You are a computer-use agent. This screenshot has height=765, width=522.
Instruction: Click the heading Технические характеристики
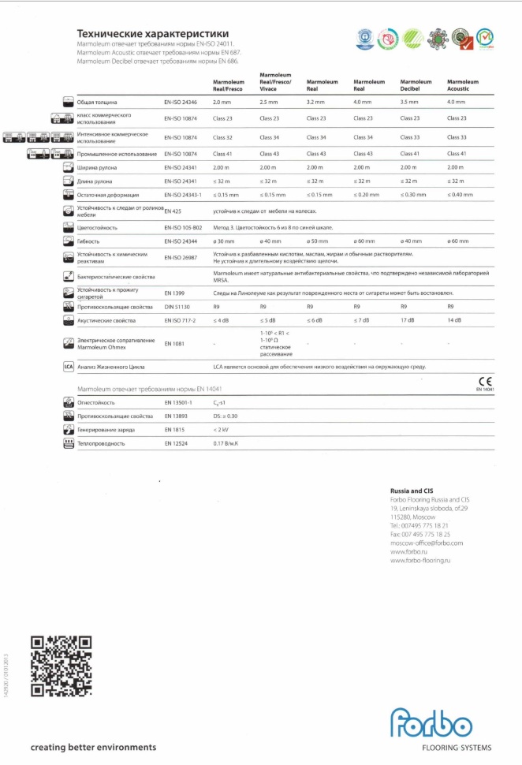click(x=153, y=34)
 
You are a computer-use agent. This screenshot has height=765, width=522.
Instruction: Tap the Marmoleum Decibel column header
click(x=416, y=85)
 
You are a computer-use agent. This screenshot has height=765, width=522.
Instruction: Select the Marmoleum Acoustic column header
click(x=463, y=85)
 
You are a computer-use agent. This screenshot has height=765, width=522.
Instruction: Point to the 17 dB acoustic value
click(x=408, y=320)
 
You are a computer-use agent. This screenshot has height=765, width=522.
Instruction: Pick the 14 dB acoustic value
click(x=455, y=320)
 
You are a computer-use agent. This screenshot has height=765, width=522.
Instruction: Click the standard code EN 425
click(x=173, y=212)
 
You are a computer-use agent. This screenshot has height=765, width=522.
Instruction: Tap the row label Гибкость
click(x=88, y=241)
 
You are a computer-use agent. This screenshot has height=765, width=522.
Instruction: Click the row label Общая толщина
click(x=98, y=103)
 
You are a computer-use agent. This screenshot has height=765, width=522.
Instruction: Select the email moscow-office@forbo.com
click(x=427, y=543)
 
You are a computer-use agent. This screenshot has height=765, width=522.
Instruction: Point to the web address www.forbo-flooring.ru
click(x=419, y=560)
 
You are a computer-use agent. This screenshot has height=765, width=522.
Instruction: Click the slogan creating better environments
click(x=93, y=747)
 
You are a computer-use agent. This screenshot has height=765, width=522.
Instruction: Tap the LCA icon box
click(x=69, y=367)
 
